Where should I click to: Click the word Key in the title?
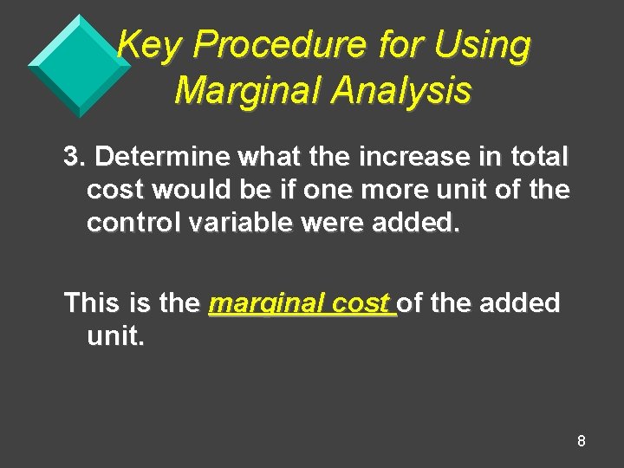[x=146, y=45]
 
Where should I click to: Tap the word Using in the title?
[x=482, y=45]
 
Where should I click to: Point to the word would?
[x=188, y=190]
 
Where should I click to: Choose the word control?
[x=133, y=223]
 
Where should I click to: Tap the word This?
[x=95, y=303]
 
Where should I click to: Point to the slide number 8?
[x=581, y=441]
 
